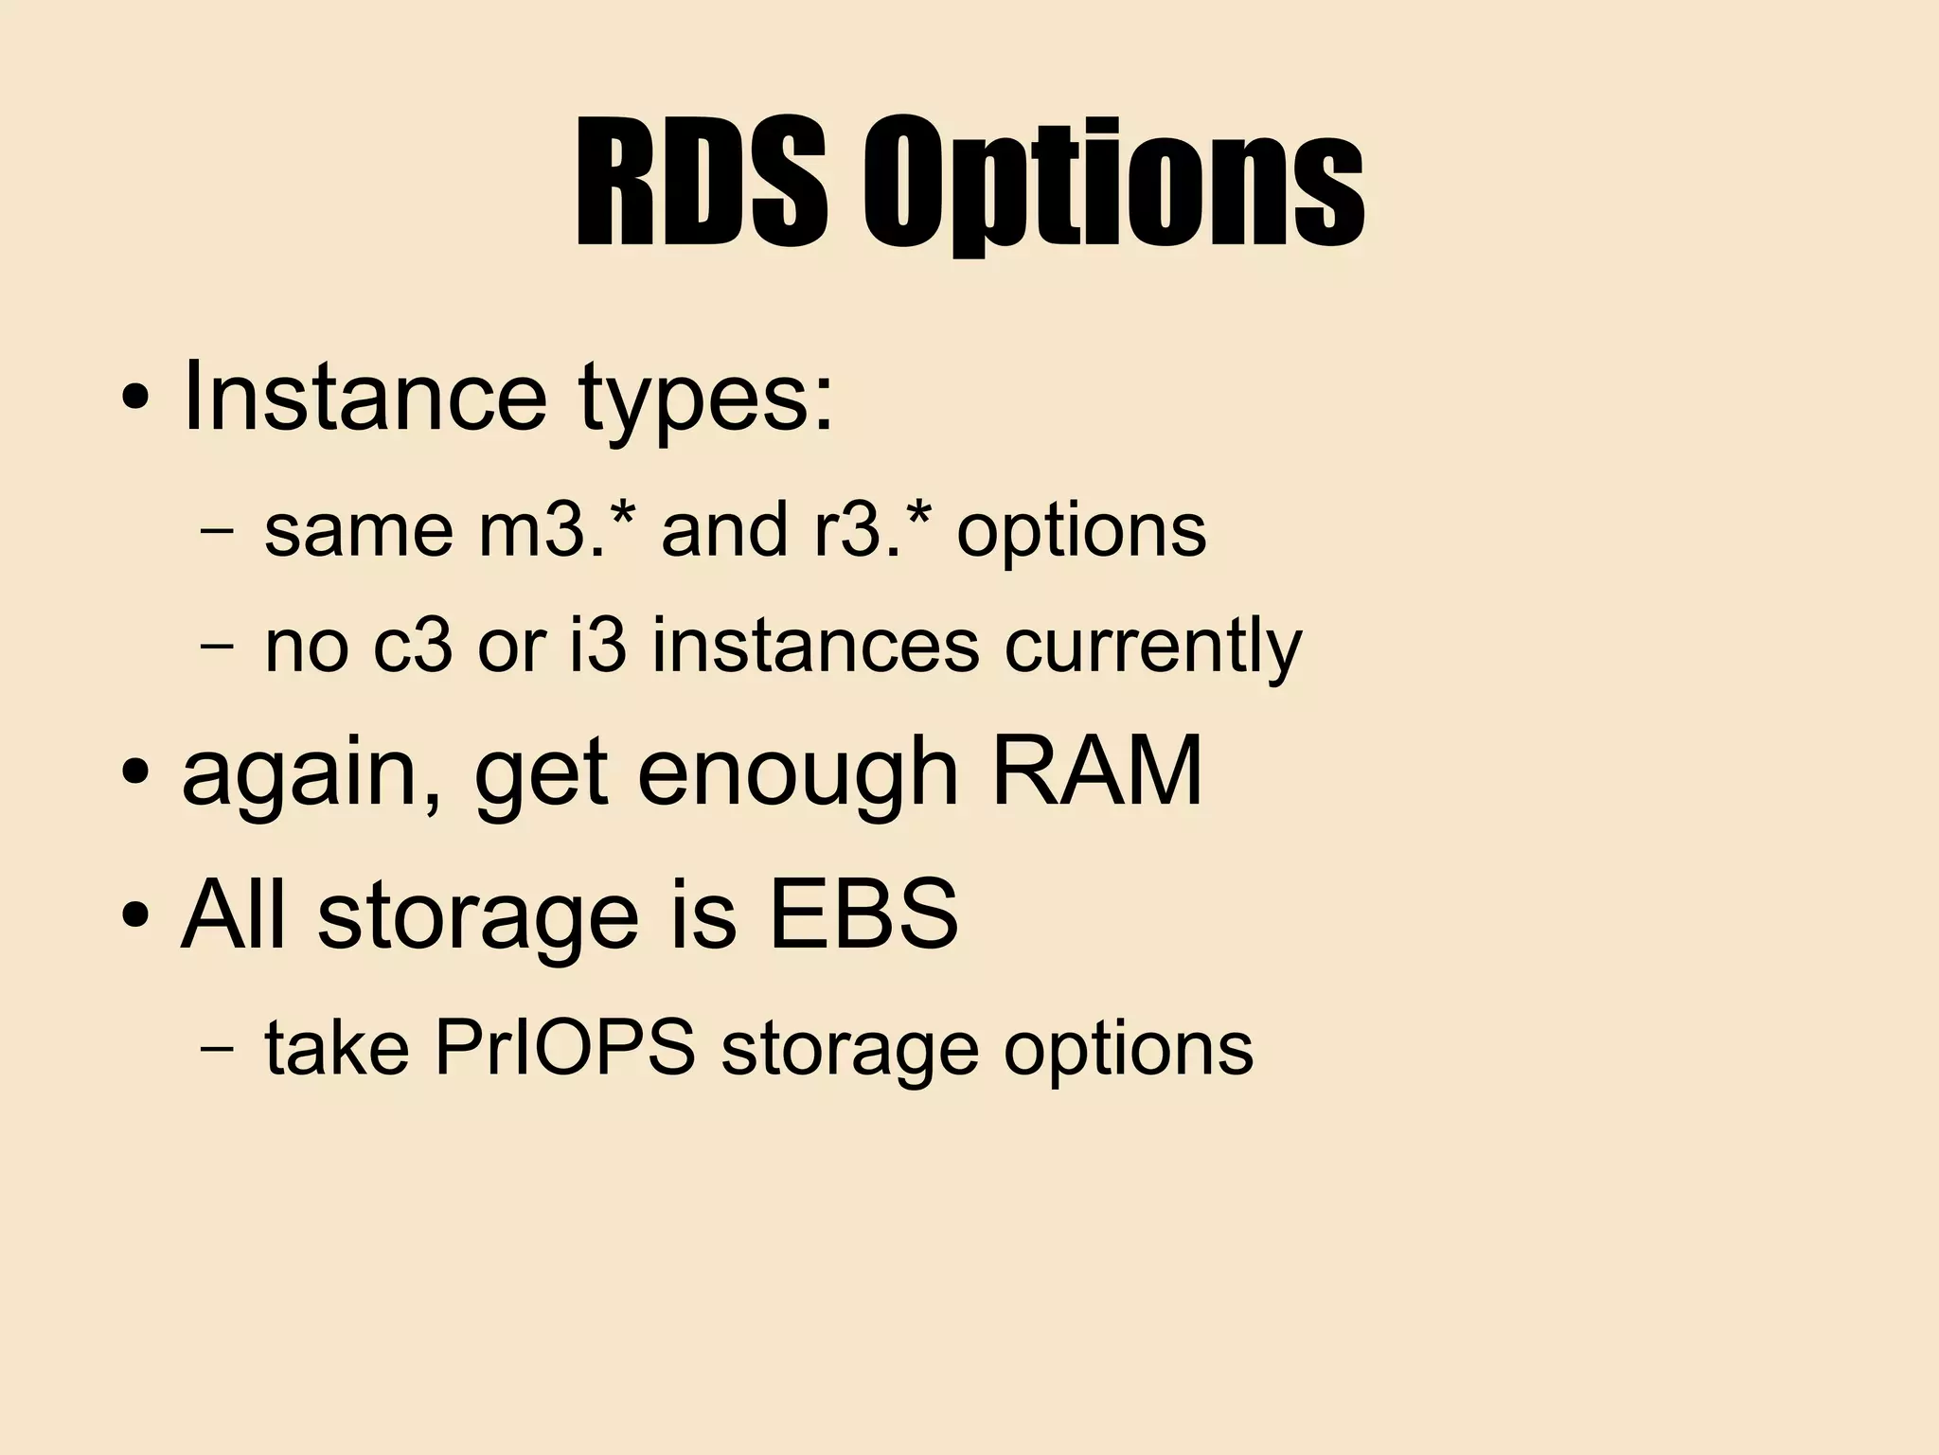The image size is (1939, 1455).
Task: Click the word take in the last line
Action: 336,1048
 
